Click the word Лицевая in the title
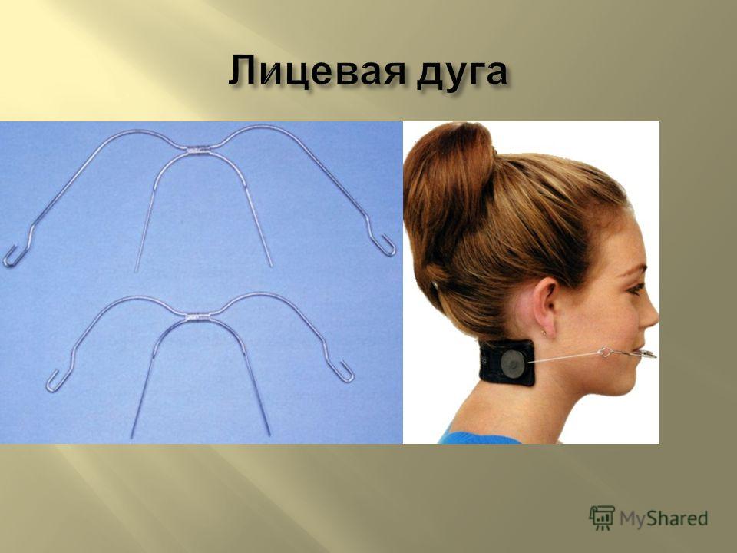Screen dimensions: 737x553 coord(316,72)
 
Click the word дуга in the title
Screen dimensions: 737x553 coord(461,75)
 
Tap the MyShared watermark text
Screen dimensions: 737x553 coord(663,518)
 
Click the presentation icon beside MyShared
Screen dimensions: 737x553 coord(602,518)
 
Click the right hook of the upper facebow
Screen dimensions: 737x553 coord(386,247)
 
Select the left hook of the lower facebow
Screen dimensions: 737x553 coord(53,382)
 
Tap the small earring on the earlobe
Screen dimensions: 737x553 coord(544,333)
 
